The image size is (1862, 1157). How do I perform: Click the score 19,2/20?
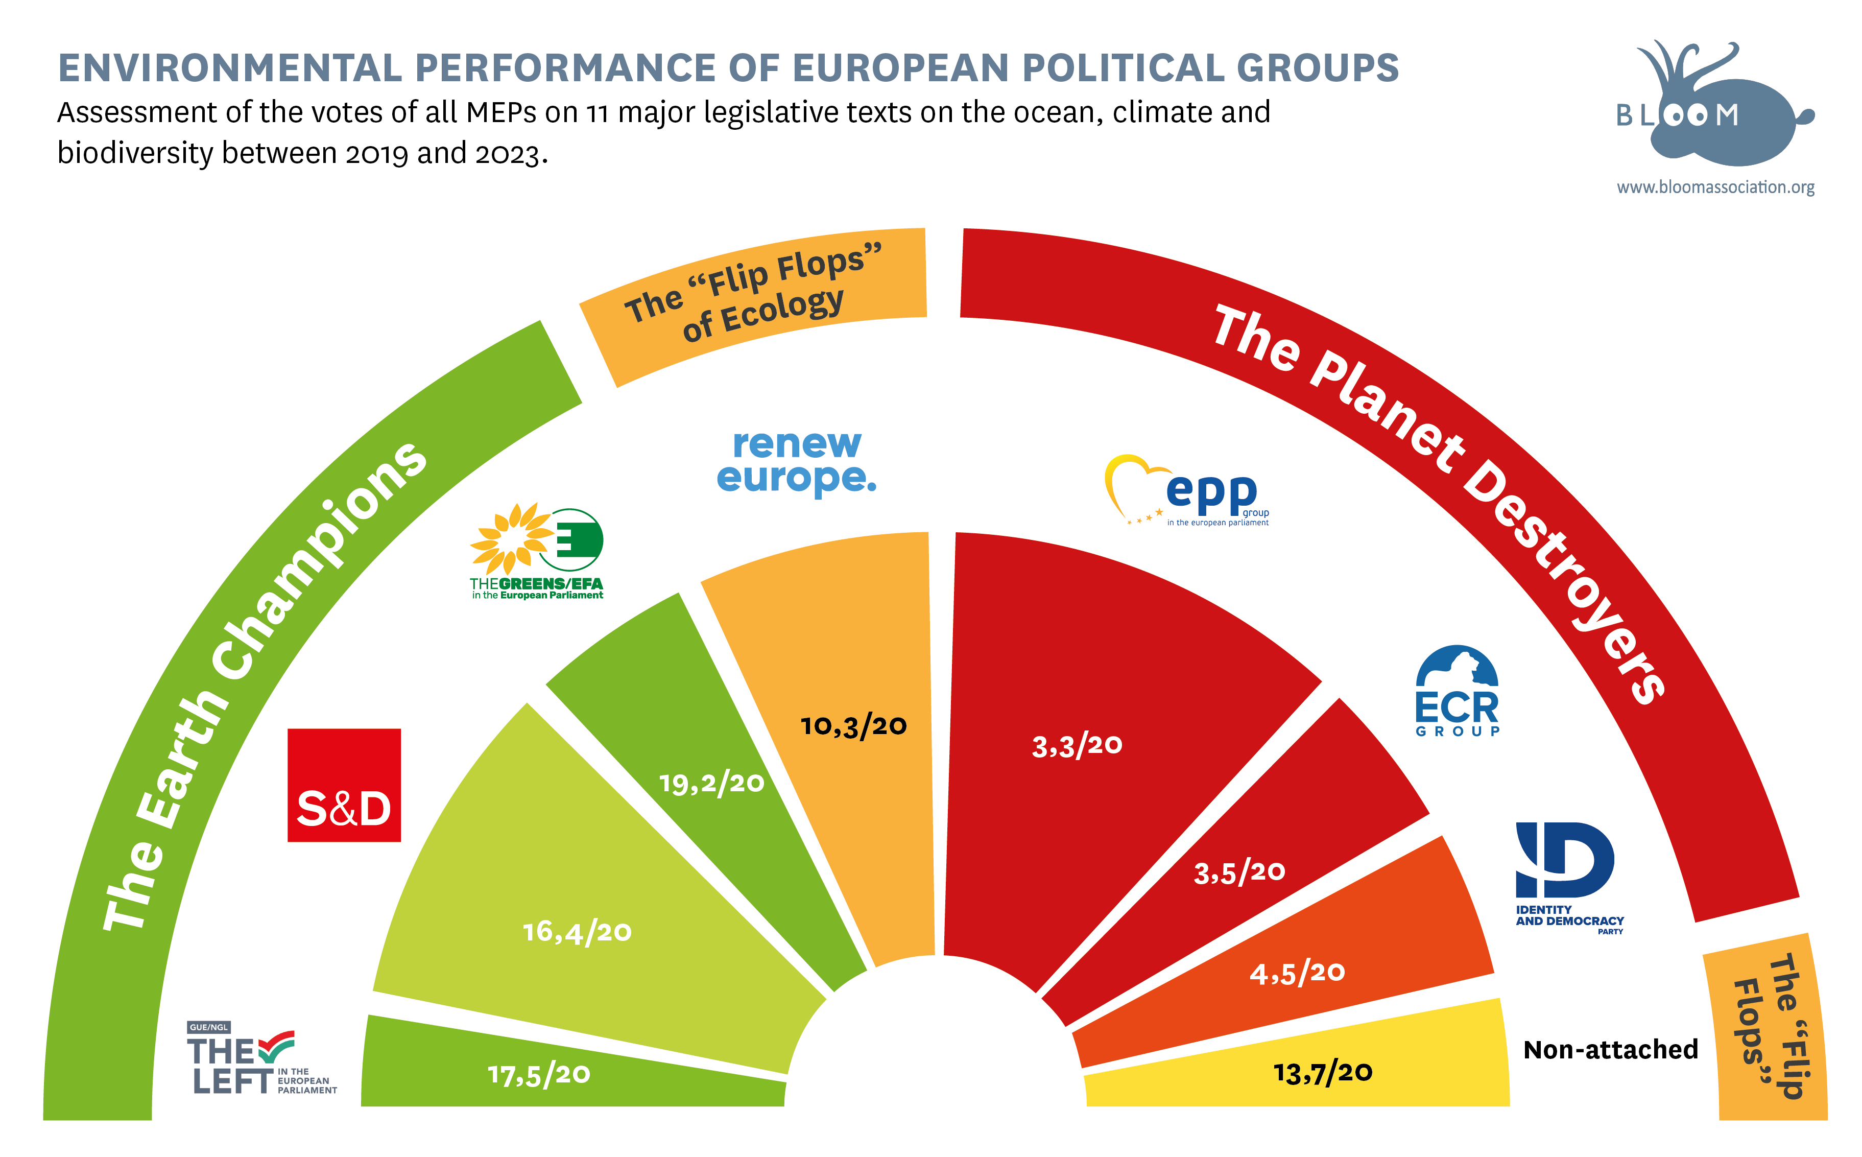[711, 783]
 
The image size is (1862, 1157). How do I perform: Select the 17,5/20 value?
[539, 1074]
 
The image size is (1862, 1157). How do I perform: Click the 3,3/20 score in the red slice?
[1077, 745]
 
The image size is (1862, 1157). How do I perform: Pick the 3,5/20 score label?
[1239, 871]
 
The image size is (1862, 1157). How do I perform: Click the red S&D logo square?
[344, 785]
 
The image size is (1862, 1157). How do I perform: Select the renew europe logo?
[796, 461]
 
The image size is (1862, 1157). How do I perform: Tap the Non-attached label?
[1610, 1049]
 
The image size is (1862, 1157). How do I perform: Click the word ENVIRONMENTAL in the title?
[229, 67]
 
